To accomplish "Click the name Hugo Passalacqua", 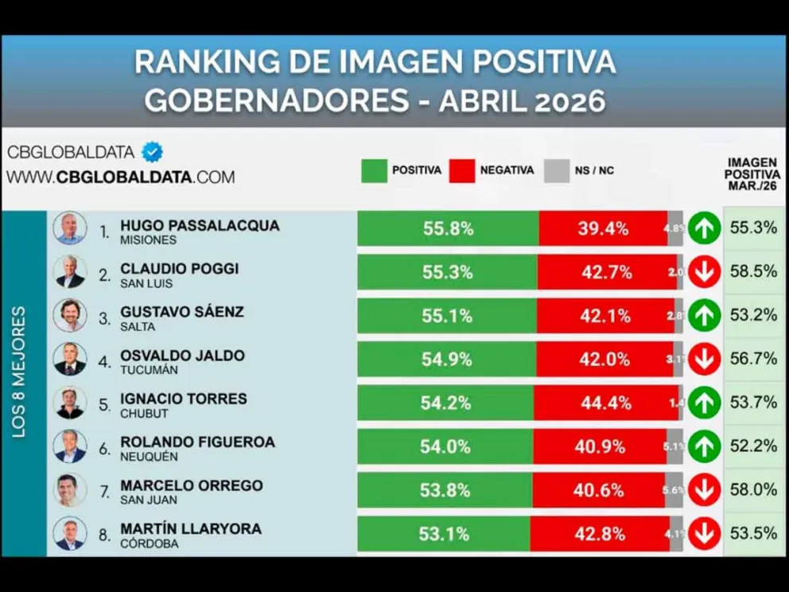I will (200, 225).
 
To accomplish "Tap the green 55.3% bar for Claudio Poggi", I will (447, 272).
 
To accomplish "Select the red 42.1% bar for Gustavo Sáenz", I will (605, 315).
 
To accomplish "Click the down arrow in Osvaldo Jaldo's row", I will (705, 359).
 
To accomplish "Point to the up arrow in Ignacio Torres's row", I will (705, 403).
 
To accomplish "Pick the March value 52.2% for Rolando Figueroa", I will (753, 446).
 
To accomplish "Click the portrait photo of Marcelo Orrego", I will (70, 489).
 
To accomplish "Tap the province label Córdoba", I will (150, 544).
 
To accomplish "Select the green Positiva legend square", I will (374, 170).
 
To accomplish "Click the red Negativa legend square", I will (461, 170).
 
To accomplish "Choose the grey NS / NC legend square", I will (557, 170).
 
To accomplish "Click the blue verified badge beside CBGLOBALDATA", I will (152, 151).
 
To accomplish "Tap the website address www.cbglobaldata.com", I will (121, 177).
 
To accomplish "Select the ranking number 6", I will (104, 448).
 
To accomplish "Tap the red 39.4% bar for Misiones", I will (603, 228).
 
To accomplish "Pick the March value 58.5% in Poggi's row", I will (753, 271).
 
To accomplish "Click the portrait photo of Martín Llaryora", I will (70, 533).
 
